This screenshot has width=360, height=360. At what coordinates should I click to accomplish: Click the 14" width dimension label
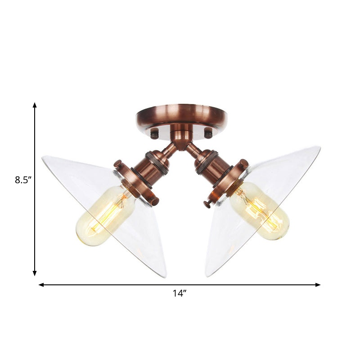[179, 293]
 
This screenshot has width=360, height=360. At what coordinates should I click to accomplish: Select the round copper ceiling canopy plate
[182, 116]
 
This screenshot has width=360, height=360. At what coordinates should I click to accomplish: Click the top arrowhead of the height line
[35, 105]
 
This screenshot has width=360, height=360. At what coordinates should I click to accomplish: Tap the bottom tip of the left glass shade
[165, 276]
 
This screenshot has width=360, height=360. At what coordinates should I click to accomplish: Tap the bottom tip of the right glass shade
[207, 275]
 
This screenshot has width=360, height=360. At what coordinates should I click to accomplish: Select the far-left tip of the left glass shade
[43, 157]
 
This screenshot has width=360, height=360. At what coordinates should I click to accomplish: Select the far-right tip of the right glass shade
[320, 147]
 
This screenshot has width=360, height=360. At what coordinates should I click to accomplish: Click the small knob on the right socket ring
[207, 204]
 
